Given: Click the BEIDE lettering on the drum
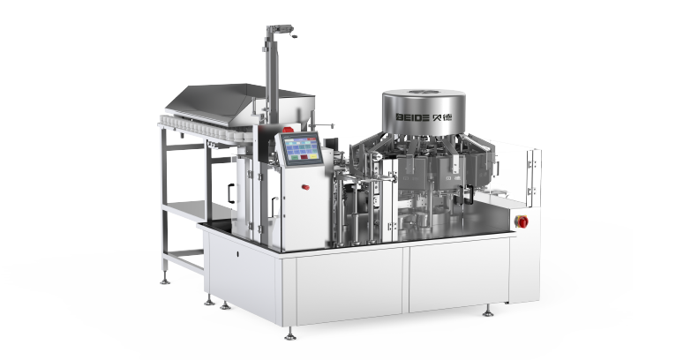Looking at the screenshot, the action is pos(413,117).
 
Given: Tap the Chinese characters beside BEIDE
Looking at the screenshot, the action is pos(442,116).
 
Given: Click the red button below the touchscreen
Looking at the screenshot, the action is pos(305,187).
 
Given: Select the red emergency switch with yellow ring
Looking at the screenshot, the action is pos(522,221).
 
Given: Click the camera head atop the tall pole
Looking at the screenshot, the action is pos(281,30).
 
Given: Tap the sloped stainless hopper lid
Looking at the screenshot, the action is pos(211,102).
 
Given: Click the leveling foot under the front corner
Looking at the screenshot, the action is pos(290,334).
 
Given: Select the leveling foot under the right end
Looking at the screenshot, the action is pos(488,311).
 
